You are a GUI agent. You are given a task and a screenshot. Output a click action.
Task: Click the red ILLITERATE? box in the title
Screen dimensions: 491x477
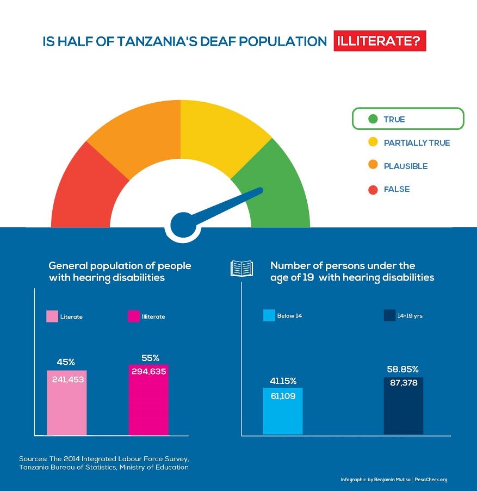(x=380, y=42)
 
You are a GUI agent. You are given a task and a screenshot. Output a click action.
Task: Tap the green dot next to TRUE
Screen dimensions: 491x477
(x=373, y=119)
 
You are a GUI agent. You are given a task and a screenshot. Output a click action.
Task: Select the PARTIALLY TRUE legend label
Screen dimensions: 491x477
(x=417, y=143)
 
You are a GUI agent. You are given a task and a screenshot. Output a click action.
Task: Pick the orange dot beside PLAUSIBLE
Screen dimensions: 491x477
(x=373, y=166)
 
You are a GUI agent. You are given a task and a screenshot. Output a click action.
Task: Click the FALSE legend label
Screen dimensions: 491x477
(x=397, y=189)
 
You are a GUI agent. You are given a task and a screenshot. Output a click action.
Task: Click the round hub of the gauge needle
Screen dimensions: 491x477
(x=183, y=224)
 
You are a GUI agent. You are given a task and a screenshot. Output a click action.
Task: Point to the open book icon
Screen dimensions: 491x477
(x=242, y=268)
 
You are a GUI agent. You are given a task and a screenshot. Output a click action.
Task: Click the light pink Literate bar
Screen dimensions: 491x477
(x=67, y=402)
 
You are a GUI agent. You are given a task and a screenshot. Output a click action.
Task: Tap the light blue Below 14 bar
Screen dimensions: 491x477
(x=283, y=411)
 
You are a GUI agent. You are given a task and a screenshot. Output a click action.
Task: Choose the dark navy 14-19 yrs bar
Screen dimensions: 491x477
(x=404, y=406)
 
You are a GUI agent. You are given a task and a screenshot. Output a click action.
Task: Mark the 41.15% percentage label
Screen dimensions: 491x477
(x=283, y=381)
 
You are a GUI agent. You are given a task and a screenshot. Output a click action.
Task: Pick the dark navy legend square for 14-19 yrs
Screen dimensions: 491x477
(x=389, y=315)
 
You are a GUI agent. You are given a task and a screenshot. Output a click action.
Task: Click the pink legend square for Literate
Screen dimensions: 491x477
(x=52, y=316)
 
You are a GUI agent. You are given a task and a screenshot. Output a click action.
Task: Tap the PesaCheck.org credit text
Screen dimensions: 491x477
(x=431, y=480)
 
